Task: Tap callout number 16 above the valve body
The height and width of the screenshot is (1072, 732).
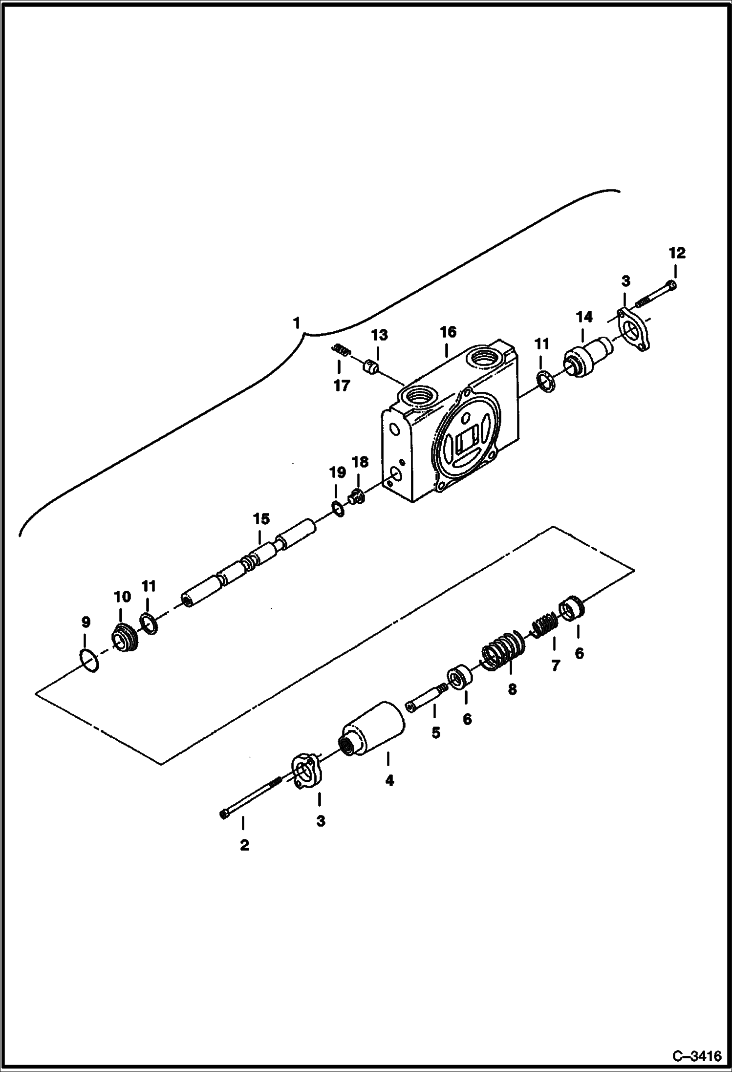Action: (x=448, y=332)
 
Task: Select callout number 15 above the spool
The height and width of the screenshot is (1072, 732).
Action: (x=261, y=518)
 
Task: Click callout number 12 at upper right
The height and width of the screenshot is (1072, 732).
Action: (x=677, y=253)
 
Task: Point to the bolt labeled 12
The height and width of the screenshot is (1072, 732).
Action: (x=657, y=295)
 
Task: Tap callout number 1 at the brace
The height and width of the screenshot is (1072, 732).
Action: (x=296, y=323)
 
